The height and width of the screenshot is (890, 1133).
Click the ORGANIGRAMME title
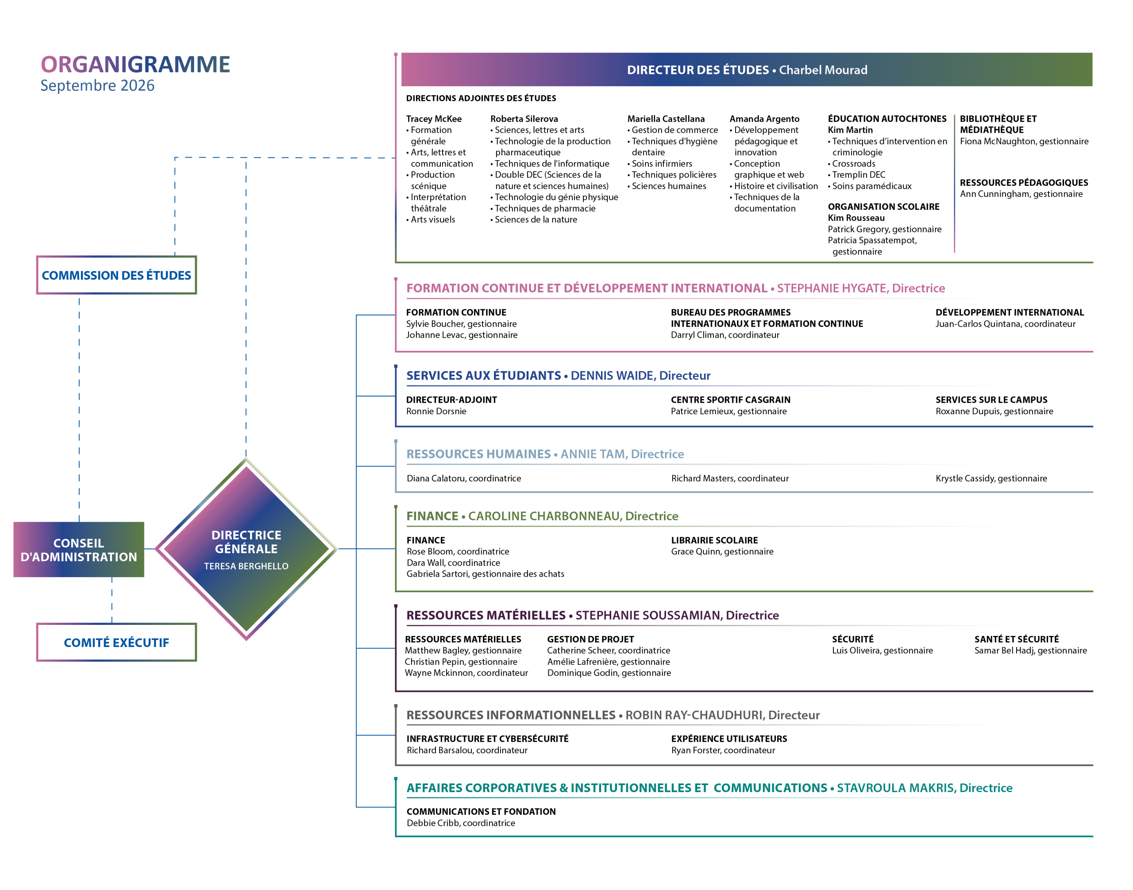(x=135, y=64)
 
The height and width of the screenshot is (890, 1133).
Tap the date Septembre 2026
(x=97, y=85)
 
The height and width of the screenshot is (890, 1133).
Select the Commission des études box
(x=116, y=275)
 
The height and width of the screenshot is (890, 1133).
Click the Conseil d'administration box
(x=79, y=550)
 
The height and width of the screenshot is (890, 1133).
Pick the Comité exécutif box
(x=116, y=643)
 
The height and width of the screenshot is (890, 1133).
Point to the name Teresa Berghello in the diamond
(x=246, y=566)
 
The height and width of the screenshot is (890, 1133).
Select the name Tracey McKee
(x=434, y=119)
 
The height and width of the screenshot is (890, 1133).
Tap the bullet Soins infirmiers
(x=660, y=164)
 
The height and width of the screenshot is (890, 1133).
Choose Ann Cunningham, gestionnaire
(x=1021, y=194)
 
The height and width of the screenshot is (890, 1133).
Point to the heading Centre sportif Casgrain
(x=730, y=400)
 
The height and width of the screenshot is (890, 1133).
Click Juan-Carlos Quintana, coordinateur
(x=1005, y=324)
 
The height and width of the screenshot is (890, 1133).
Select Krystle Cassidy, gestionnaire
(x=991, y=478)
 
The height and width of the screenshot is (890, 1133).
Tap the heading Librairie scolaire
(x=714, y=540)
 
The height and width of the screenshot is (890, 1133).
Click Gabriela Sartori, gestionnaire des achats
(x=485, y=574)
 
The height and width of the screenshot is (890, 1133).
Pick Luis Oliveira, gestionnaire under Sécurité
(x=883, y=650)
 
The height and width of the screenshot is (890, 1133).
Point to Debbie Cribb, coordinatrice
(x=461, y=823)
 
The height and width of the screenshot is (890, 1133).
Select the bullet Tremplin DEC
(x=856, y=174)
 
